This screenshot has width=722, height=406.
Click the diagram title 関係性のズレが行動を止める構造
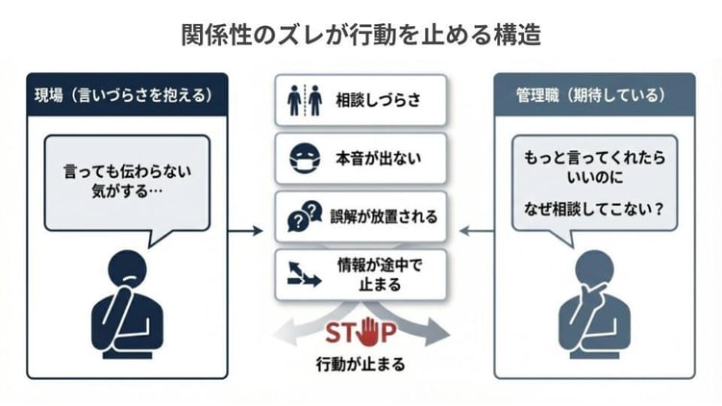361,35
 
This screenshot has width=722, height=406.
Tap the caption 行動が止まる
361,367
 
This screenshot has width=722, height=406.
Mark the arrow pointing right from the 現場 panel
246,231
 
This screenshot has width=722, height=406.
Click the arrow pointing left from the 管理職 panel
474,231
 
